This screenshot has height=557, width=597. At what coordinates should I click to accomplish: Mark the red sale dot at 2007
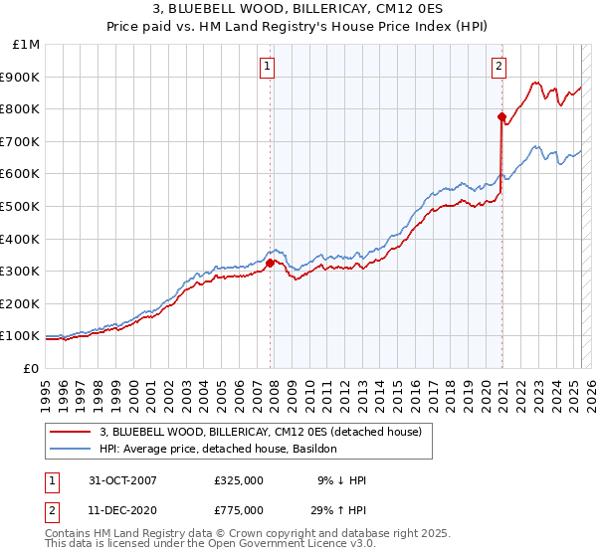tap(270, 263)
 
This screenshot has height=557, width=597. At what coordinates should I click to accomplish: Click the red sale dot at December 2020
tap(501, 117)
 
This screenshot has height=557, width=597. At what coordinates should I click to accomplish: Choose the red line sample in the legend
tap(72, 432)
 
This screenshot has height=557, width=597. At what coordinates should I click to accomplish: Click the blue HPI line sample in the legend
tap(72, 449)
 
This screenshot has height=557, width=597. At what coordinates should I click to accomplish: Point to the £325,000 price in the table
tap(238, 480)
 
